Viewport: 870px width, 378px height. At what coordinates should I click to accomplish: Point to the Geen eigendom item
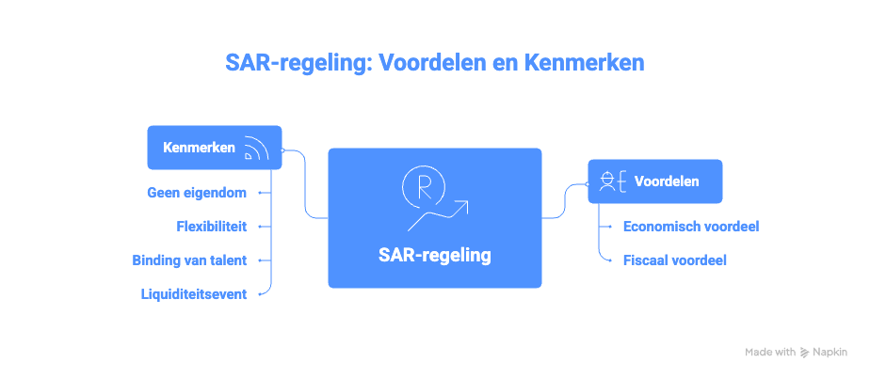tap(197, 193)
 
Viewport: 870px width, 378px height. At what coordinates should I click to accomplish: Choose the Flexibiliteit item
tap(212, 227)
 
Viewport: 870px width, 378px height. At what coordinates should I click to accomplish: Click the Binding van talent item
tap(191, 260)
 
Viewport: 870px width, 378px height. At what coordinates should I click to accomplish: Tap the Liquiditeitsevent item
tap(194, 294)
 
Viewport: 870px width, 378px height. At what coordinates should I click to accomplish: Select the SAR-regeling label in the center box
tap(434, 255)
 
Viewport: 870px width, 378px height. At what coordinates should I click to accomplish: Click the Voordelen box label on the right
tap(667, 181)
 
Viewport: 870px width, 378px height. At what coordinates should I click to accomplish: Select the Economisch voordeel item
tap(691, 227)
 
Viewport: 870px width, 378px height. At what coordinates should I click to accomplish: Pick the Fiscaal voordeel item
tap(674, 260)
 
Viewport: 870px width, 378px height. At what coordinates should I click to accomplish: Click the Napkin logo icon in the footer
tap(804, 352)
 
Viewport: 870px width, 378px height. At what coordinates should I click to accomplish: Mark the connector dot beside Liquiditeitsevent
tap(260, 294)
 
